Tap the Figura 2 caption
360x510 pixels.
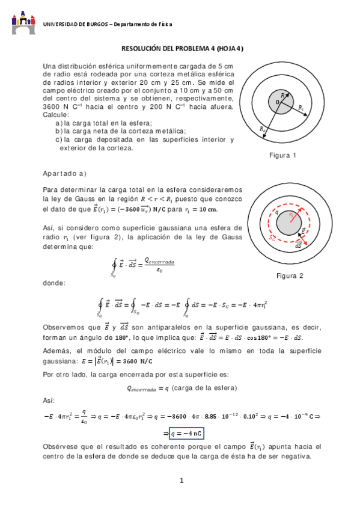pyautogui.click(x=290, y=276)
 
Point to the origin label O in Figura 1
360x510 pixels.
pyautogui.click(x=277, y=103)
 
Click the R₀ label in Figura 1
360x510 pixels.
pyautogui.click(x=262, y=129)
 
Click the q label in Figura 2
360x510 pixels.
pyautogui.click(x=276, y=212)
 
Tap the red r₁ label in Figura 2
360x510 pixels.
pyautogui.click(x=292, y=214)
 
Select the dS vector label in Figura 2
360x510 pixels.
pyautogui.click(x=298, y=246)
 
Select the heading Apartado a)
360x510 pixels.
pyautogui.click(x=65, y=173)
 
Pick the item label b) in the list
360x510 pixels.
pyautogui.click(x=58, y=131)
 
